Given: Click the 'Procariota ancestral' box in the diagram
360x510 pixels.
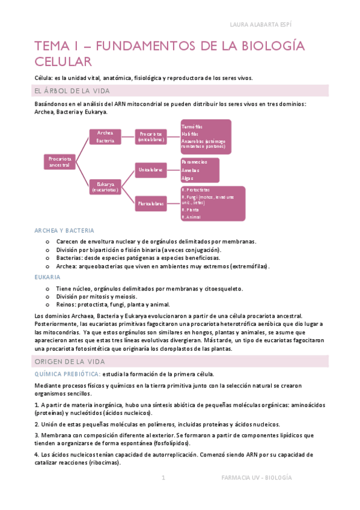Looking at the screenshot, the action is pyautogui.click(x=59, y=162).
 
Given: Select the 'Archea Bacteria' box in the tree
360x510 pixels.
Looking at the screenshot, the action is pyautogui.click(x=105, y=137).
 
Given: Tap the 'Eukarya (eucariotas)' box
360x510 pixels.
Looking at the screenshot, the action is pyautogui.click(x=105, y=187).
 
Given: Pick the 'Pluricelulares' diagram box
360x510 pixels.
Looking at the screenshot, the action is pyautogui.click(x=150, y=204).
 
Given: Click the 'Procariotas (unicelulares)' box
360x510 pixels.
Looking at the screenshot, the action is pyautogui.click(x=150, y=137).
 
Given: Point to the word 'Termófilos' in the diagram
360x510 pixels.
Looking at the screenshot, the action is pyautogui.click(x=192, y=127).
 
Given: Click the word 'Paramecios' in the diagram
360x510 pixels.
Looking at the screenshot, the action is pyautogui.click(x=194, y=162).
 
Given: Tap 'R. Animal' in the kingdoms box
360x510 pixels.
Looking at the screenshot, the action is pyautogui.click(x=193, y=217).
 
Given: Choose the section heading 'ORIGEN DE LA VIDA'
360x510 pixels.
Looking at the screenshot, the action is pyautogui.click(x=70, y=361).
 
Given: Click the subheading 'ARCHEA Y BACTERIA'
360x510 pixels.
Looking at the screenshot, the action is pyautogui.click(x=64, y=230).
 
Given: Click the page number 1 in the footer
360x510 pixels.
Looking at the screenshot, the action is pyautogui.click(x=163, y=478).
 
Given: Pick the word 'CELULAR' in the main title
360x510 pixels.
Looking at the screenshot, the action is pyautogui.click(x=63, y=61).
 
